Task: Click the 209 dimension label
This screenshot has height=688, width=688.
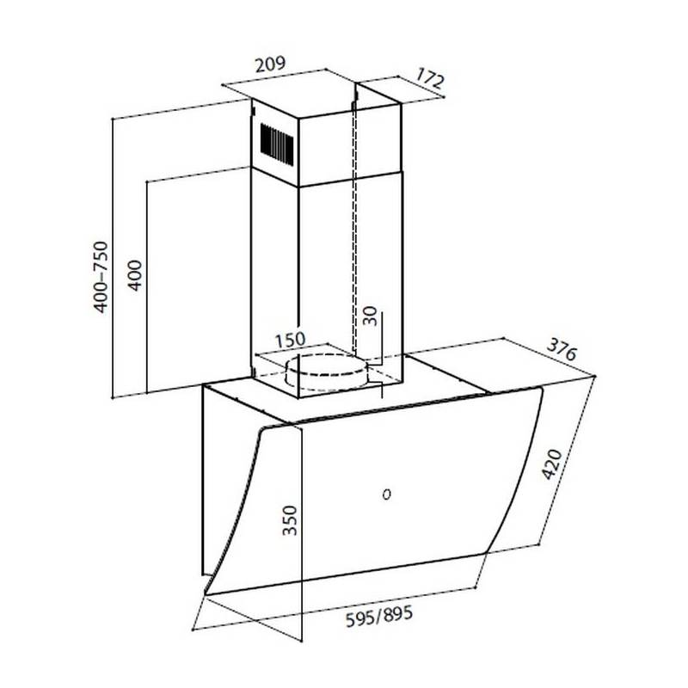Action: coord(270,64)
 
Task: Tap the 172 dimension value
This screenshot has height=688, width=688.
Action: coord(430,78)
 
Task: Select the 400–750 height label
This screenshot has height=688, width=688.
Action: coord(101,277)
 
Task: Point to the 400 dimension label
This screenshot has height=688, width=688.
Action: coord(135,275)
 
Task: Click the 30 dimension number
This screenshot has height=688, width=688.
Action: coord(371,316)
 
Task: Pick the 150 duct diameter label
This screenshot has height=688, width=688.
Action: coord(290,340)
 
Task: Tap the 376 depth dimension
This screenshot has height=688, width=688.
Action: coord(562,349)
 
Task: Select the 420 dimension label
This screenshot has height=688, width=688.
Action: coord(552,464)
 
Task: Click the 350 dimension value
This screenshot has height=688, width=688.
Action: coord(290,520)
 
